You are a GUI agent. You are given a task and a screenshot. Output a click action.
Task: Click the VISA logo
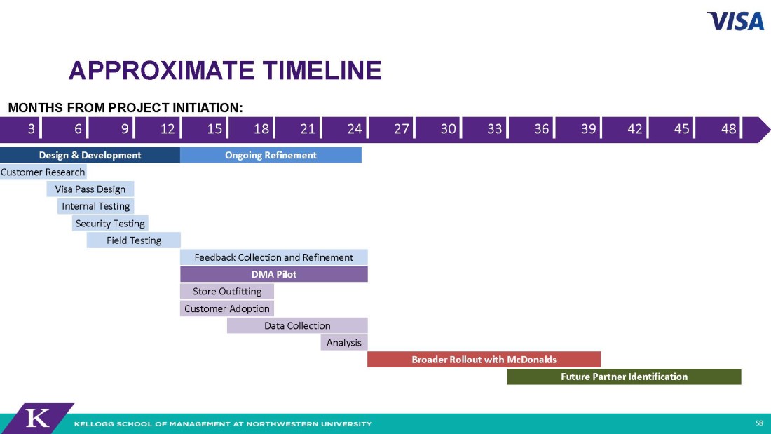pyautogui.click(x=735, y=21)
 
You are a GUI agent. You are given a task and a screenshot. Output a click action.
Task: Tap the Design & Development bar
pyautogui.click(x=90, y=155)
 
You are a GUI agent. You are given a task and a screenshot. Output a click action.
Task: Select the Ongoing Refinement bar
pyautogui.click(x=271, y=155)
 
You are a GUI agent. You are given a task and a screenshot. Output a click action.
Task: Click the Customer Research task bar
pyautogui.click(x=43, y=172)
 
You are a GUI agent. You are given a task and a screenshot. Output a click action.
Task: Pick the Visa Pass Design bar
pyautogui.click(x=90, y=189)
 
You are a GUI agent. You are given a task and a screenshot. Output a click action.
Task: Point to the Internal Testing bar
pyautogui.click(x=96, y=206)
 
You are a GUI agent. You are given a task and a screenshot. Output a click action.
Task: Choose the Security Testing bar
pyautogui.click(x=110, y=224)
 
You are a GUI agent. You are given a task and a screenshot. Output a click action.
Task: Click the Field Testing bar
pyautogui.click(x=134, y=240)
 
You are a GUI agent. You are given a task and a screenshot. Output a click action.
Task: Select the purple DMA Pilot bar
pyautogui.click(x=274, y=274)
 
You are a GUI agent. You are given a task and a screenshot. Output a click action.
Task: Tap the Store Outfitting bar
pyautogui.click(x=226, y=291)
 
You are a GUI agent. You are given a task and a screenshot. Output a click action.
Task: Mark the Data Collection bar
pyautogui.click(x=297, y=325)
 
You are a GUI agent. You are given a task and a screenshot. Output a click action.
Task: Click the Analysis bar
pyautogui.click(x=343, y=342)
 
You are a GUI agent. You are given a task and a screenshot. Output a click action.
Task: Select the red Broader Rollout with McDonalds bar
pyautogui.click(x=484, y=359)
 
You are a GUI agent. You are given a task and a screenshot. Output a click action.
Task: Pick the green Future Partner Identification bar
pyautogui.click(x=624, y=377)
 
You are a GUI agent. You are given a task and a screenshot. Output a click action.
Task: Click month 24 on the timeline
pyautogui.click(x=355, y=129)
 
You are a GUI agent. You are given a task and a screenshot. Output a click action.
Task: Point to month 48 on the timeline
pyautogui.click(x=729, y=129)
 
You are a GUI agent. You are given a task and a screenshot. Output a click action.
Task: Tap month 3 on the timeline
pyautogui.click(x=31, y=129)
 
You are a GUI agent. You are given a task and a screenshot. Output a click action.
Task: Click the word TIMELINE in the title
pyautogui.click(x=322, y=70)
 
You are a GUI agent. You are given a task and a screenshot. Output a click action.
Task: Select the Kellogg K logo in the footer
pyautogui.click(x=38, y=419)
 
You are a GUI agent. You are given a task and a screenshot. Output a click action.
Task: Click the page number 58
pyautogui.click(x=759, y=423)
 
